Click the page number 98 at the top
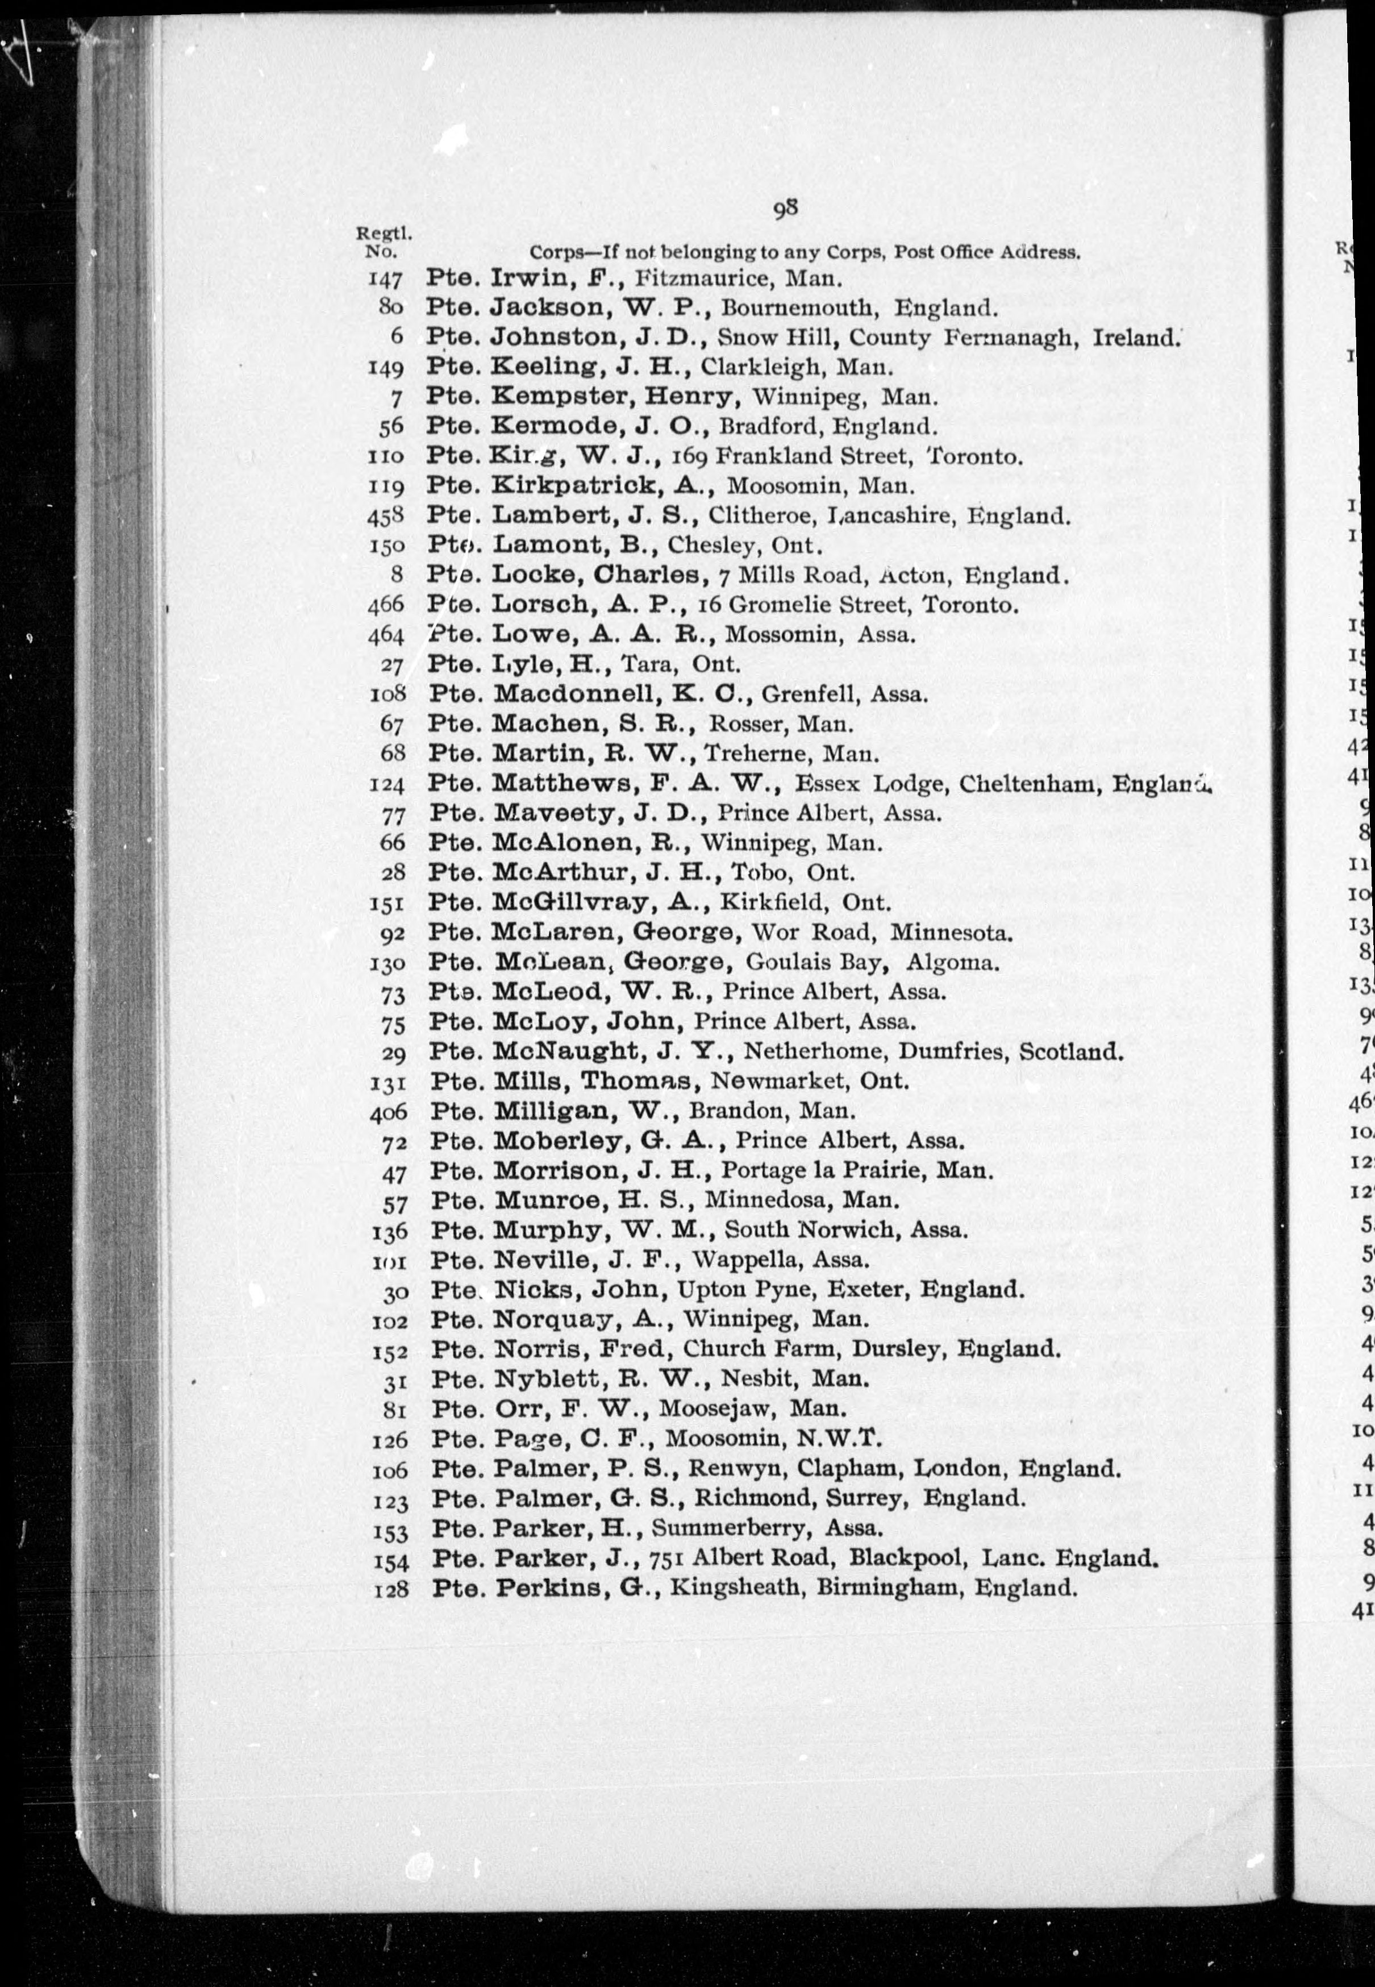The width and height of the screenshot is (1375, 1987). click(784, 209)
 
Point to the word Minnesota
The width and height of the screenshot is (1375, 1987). click(950, 932)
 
